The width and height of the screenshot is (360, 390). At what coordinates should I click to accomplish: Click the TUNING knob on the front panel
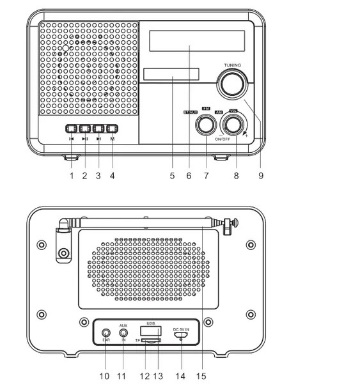pyautogui.click(x=231, y=84)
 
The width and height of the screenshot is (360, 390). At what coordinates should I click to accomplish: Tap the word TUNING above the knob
pyautogui.click(x=233, y=65)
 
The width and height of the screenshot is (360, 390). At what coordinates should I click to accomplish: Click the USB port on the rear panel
pyautogui.click(x=150, y=331)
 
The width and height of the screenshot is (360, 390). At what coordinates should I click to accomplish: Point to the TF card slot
pyautogui.click(x=151, y=341)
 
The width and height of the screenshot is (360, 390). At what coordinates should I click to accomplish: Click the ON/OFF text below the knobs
pyautogui.click(x=223, y=139)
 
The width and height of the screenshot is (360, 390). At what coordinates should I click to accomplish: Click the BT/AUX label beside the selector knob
pyautogui.click(x=190, y=113)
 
